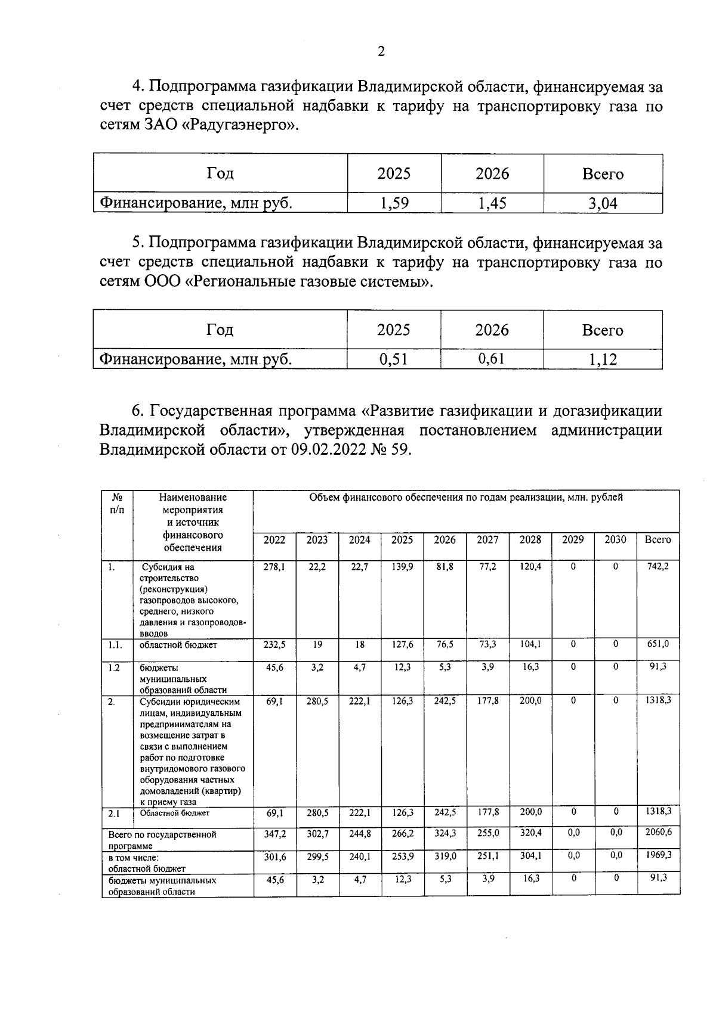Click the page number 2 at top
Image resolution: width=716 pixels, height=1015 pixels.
[381, 51]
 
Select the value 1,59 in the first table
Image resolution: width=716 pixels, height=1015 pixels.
[394, 203]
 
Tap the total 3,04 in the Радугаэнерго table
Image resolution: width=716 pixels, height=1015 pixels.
[603, 204]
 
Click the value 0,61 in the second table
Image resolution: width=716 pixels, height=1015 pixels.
[492, 358]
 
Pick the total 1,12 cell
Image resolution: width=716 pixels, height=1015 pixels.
[603, 359]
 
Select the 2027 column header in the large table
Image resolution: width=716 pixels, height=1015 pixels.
[487, 539]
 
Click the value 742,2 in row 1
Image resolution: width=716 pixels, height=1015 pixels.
[658, 566]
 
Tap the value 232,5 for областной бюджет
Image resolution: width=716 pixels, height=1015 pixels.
[274, 644]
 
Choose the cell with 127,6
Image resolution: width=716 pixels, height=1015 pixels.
[402, 644]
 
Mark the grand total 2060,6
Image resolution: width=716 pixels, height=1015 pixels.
[658, 833]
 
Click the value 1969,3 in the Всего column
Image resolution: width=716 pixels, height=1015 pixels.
[658, 855]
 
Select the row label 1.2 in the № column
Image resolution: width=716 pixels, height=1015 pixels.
[114, 668]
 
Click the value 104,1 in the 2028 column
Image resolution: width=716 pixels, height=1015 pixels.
[530, 644]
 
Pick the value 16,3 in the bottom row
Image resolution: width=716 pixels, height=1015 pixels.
[530, 879]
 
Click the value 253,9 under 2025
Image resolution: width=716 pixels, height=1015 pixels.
[402, 856]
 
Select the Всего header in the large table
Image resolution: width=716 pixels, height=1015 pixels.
[658, 539]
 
